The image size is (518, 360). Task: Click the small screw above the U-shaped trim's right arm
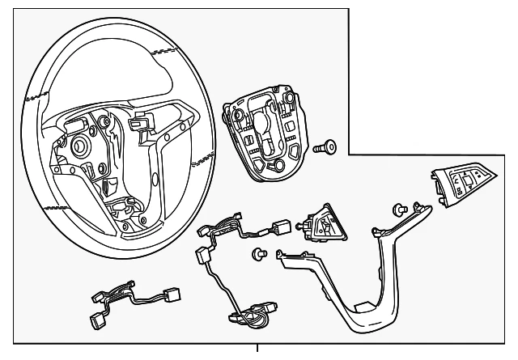[x=400, y=210]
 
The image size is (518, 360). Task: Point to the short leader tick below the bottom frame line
[x=258, y=349]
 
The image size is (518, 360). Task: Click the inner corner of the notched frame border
[x=349, y=155]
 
